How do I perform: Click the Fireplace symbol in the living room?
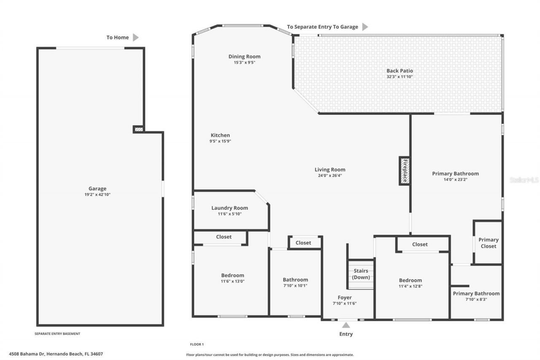coord(404,171)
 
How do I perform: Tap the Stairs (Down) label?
coord(361,274)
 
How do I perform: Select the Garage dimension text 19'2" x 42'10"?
coord(97,195)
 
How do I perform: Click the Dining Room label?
coord(244,57)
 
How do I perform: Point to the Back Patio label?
coord(400,71)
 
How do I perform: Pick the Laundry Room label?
coord(229,208)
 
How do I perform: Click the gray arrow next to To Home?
coord(135,38)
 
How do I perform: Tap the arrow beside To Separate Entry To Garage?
coord(365,27)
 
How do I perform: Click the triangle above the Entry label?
coord(346,325)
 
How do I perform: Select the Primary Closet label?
coord(488,243)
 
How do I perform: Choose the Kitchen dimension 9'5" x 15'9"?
coord(220,141)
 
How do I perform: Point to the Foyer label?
coord(345,298)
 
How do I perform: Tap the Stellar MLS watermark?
coord(524,180)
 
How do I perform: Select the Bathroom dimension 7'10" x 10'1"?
coord(295,285)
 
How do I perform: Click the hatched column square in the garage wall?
coord(138,129)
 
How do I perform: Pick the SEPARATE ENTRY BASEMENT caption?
coord(57,334)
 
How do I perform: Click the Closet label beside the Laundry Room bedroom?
coord(224,237)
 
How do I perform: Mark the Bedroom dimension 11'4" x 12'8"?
coord(410,286)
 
